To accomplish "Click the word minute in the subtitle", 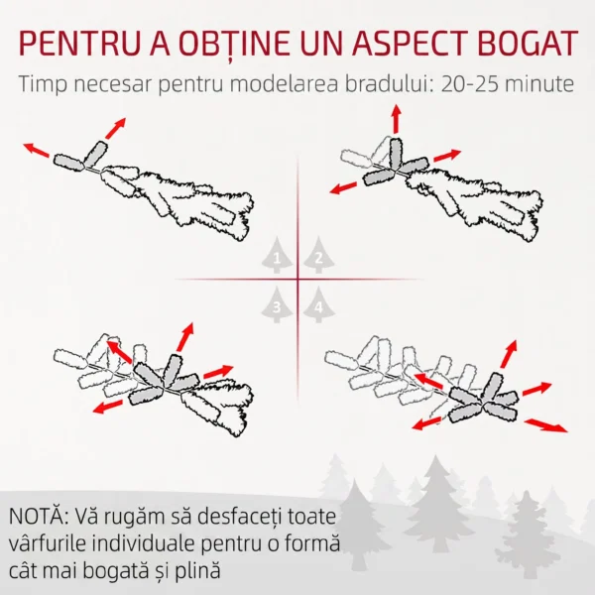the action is point(540,84).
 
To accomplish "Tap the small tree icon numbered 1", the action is point(277,255).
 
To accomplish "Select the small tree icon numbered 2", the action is point(318,255).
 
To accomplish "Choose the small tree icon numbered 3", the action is point(277,304).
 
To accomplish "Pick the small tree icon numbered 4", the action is point(318,304).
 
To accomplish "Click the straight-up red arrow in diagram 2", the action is point(396,119).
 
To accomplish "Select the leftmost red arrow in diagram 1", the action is point(37,150).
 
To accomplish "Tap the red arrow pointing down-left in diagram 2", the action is point(343,187).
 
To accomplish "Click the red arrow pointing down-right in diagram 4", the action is point(546,425).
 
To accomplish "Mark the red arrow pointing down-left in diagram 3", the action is point(108,407).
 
